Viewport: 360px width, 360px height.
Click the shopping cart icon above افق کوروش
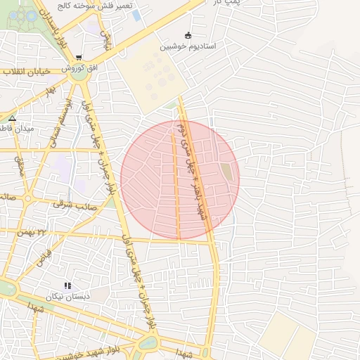click(x=79, y=58)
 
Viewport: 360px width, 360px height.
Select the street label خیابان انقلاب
click(x=24, y=71)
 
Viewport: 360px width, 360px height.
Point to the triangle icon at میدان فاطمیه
click(x=12, y=118)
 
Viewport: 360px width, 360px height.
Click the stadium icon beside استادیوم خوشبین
click(x=187, y=35)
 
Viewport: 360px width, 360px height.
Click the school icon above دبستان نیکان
click(x=67, y=285)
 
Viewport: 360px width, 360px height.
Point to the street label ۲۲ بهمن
click(x=51, y=231)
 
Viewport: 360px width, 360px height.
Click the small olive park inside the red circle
click(x=226, y=170)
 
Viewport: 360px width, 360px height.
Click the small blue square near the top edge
click(x=136, y=15)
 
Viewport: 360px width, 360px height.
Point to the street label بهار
click(x=49, y=91)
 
